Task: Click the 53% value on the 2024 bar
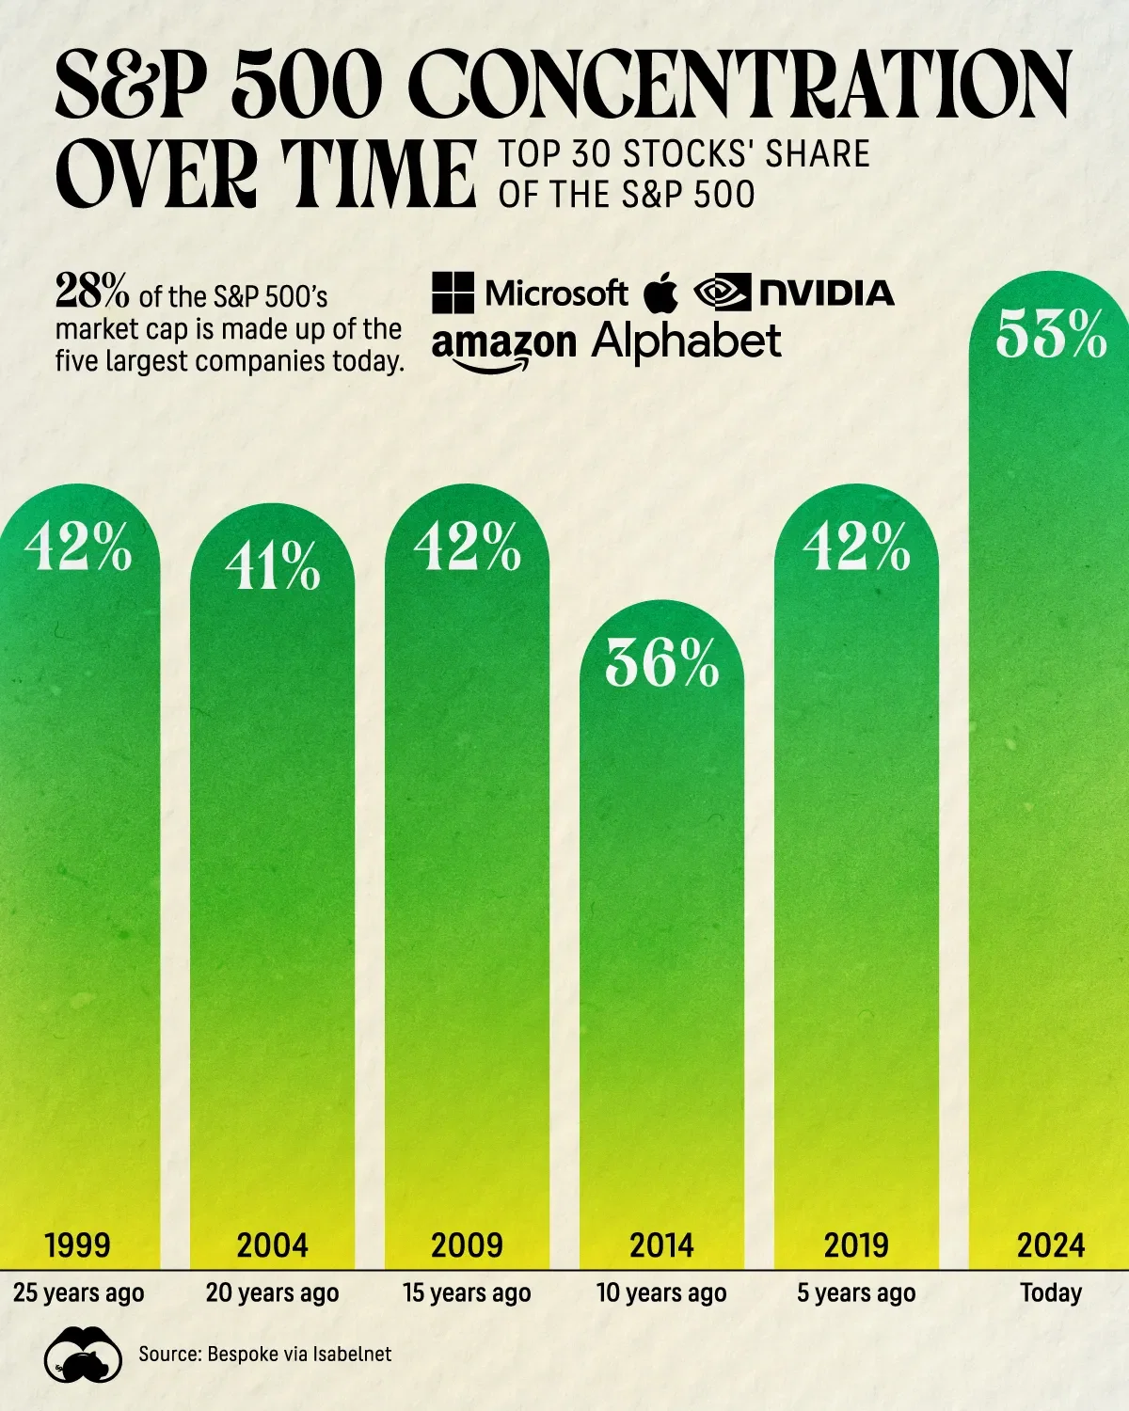coord(1051,334)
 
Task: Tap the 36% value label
coord(661,663)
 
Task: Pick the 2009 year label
coord(467,1245)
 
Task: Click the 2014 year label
coord(661,1245)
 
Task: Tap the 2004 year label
coord(272,1245)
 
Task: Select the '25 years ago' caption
coord(79,1292)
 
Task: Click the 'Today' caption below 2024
coord(1051,1292)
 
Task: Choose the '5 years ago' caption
coord(856,1292)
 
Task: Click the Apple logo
coord(661,293)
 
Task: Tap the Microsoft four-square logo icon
coord(453,293)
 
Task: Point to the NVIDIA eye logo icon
coord(722,293)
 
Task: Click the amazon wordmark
coord(504,345)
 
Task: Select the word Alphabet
coord(687,341)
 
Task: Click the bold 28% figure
coord(93,293)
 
